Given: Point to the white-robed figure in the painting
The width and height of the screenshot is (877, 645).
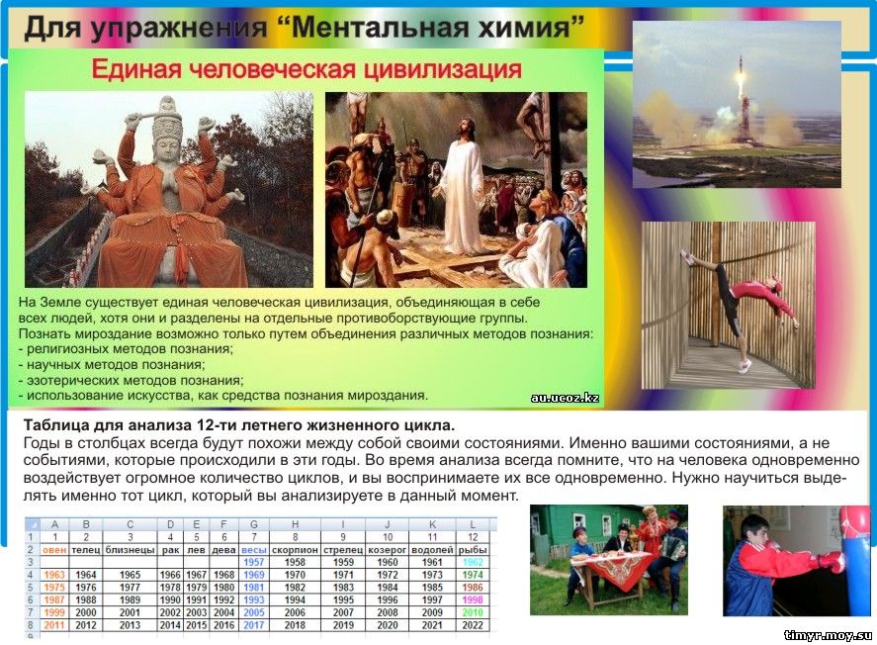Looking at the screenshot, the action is [462, 187].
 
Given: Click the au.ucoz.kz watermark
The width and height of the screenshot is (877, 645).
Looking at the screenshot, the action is [565, 398].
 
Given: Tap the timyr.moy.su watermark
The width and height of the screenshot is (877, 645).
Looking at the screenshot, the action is [828, 635].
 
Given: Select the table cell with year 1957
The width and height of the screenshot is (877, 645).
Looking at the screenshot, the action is [253, 562].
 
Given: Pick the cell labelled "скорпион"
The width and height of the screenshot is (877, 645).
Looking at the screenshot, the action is [295, 549].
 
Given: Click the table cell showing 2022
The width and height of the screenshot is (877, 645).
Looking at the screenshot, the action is [472, 625].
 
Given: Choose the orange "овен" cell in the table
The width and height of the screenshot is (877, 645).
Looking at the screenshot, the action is [54, 549].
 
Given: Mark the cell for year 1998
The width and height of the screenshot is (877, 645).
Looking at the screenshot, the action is [472, 599].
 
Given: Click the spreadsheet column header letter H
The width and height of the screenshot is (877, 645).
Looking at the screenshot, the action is [295, 524].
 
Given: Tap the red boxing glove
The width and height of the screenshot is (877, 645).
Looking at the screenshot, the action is [832, 561].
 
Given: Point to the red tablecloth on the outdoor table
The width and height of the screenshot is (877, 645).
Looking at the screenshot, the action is [612, 568].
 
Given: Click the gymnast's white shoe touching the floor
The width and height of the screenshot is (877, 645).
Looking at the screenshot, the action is [744, 366].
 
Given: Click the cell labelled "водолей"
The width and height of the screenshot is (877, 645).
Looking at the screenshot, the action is [432, 549].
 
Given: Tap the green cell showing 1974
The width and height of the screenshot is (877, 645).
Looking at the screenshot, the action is [472, 575].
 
